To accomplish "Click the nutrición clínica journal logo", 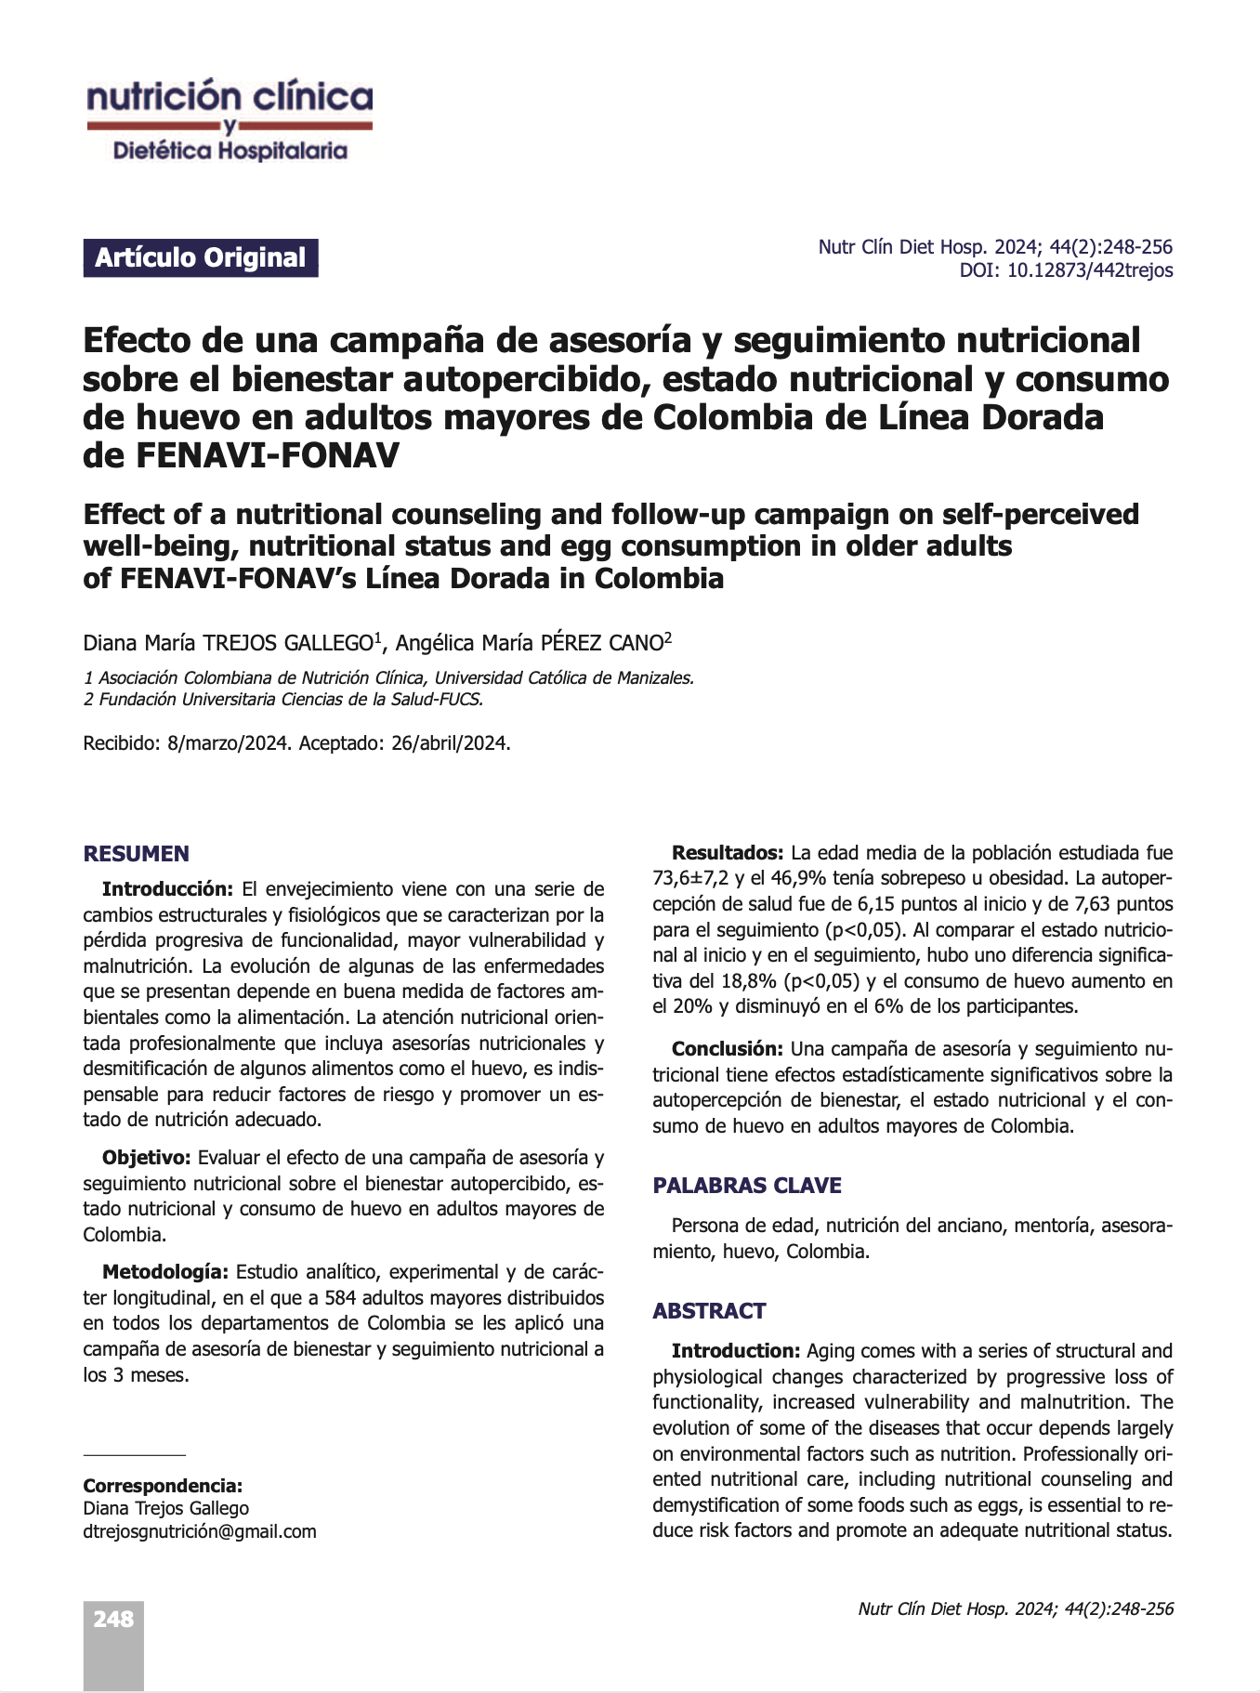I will pyautogui.click(x=230, y=122).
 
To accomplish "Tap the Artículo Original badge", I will pyautogui.click(x=201, y=258).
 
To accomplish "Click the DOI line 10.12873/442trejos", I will pyautogui.click(x=1066, y=270).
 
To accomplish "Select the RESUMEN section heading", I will pyautogui.click(x=136, y=854).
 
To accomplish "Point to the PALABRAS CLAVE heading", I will pyautogui.click(x=747, y=1185).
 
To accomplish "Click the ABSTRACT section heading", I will pyautogui.click(x=709, y=1311).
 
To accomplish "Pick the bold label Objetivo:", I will pyautogui.click(x=147, y=1158).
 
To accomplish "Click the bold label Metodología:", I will pyautogui.click(x=164, y=1271).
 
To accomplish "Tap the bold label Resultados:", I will pyautogui.click(x=728, y=853).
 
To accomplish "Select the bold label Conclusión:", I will pyautogui.click(x=728, y=1049).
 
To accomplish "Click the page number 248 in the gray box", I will pyautogui.click(x=113, y=1620).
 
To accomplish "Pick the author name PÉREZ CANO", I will pyautogui.click(x=601, y=643).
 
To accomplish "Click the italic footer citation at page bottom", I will pyautogui.click(x=1016, y=1609).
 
